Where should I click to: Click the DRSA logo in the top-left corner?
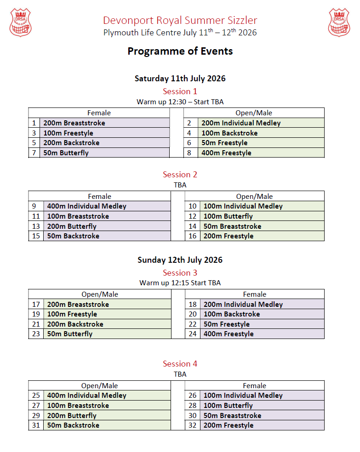[x=20, y=22]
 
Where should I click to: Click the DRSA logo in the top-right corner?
[x=339, y=22]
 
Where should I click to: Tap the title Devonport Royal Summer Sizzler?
[x=180, y=20]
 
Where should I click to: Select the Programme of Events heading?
[x=180, y=51]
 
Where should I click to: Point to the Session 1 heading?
[x=180, y=91]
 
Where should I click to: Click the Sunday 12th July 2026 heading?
[x=180, y=260]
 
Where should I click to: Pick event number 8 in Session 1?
[x=189, y=153]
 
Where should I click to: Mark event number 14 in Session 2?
[x=193, y=226]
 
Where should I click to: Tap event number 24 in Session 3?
[x=193, y=334]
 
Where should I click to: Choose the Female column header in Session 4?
[x=254, y=386]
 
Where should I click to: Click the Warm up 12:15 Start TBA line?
[x=180, y=283]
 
